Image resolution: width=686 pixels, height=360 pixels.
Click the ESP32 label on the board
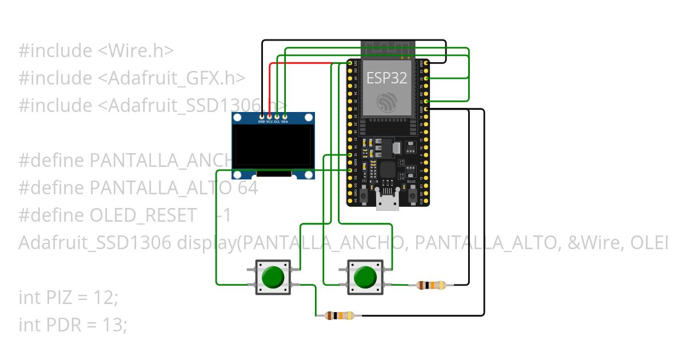click(386, 78)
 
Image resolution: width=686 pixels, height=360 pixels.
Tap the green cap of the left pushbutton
click(272, 277)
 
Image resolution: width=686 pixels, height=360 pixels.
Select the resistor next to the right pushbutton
click(431, 285)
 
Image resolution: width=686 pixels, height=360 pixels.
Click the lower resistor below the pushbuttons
click(340, 315)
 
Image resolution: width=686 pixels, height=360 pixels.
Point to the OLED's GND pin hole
click(262, 117)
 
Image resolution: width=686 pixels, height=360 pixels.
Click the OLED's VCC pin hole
click(269, 117)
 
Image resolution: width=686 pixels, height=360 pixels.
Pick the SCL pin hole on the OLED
click(277, 117)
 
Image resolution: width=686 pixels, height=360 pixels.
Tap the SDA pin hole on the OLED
click(284, 117)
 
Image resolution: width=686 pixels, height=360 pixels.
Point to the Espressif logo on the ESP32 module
click(386, 103)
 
